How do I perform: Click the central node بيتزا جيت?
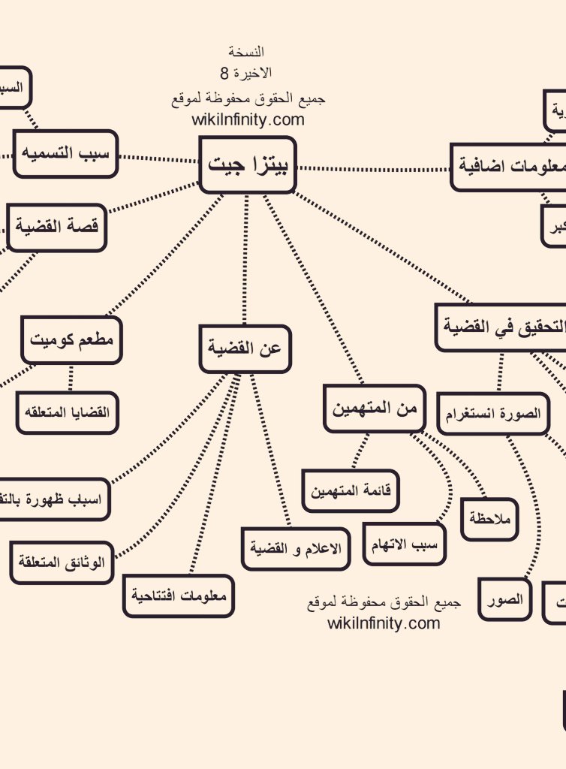click(248, 164)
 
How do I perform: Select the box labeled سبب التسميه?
click(66, 154)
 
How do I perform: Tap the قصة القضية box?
click(57, 228)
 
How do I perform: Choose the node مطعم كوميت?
click(71, 339)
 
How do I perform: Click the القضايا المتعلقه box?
click(68, 412)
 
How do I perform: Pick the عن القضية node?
click(245, 348)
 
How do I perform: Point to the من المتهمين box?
click(374, 409)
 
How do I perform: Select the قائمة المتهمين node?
click(350, 491)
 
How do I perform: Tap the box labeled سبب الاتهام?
click(405, 544)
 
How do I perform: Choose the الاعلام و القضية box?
click(296, 548)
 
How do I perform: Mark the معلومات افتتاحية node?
click(179, 596)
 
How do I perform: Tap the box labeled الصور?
click(504, 600)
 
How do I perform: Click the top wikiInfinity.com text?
click(248, 119)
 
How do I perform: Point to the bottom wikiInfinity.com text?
click(384, 623)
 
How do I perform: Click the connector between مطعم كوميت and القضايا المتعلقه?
click(71, 378)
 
